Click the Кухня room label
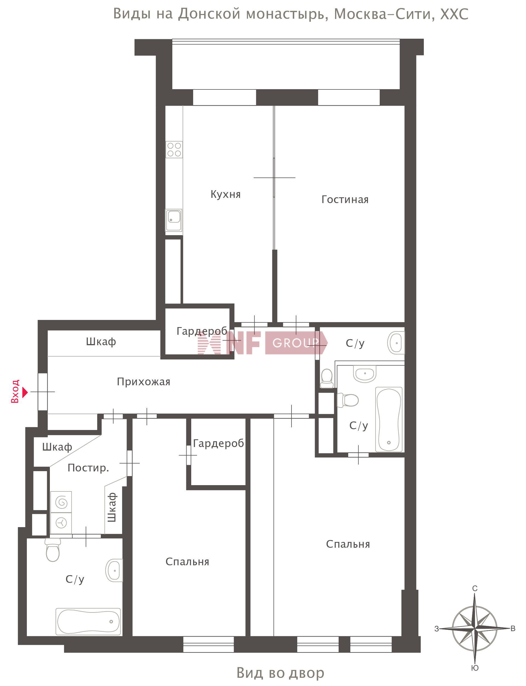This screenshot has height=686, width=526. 225,194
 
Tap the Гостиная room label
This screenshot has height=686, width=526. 345,199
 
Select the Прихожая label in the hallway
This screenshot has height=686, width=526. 143,382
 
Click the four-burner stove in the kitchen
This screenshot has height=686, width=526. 174,150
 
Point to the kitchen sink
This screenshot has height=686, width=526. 174,220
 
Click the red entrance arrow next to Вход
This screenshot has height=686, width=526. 25,392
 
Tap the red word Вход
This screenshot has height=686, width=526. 15,391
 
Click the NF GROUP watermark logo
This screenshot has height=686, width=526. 262,343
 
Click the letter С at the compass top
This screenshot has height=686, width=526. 475,589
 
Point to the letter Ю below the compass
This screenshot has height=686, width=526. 475,668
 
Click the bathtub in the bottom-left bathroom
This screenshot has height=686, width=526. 88,622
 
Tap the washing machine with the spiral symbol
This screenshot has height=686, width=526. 61,502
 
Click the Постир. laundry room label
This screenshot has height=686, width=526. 88,468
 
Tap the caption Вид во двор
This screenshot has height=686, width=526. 280,673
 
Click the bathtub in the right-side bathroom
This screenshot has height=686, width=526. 389,420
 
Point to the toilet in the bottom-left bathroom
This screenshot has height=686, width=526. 53,550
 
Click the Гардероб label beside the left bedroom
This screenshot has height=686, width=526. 218,443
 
